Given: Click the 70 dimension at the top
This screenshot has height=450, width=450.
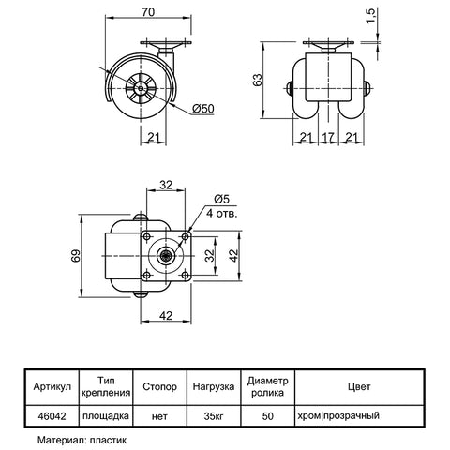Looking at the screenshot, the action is [x=148, y=12].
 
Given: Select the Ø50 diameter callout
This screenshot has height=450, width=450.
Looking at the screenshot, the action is [x=203, y=109].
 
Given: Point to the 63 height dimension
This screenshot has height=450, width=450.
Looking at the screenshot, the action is [x=258, y=80].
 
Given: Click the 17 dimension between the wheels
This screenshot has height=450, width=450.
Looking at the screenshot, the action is [x=328, y=137].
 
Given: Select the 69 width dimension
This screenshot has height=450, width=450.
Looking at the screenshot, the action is [x=76, y=255].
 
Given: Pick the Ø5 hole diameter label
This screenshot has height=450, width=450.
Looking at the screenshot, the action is [x=222, y=199].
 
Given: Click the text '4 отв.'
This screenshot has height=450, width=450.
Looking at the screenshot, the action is [x=222, y=214].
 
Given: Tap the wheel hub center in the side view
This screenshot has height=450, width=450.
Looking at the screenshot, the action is [x=141, y=89].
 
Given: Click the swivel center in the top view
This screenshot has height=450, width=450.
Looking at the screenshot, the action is [x=165, y=256].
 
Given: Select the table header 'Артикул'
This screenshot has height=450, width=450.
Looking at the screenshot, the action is [x=52, y=387].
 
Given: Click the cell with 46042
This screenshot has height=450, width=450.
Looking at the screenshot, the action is [x=52, y=416].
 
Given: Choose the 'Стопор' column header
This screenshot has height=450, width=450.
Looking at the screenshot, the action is [x=159, y=387].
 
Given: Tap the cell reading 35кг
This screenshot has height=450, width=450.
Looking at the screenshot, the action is [x=214, y=416].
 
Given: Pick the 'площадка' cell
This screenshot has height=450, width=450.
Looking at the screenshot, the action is [x=106, y=416].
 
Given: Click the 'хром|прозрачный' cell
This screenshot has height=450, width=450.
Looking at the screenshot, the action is [x=338, y=416].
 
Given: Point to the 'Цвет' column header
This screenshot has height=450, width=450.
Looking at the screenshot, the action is [x=359, y=387].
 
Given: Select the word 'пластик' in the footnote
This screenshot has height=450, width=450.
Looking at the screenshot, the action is [x=108, y=441].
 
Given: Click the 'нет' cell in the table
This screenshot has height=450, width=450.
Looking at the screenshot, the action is [x=159, y=416].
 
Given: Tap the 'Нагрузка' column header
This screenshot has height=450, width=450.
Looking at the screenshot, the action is [x=214, y=387].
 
